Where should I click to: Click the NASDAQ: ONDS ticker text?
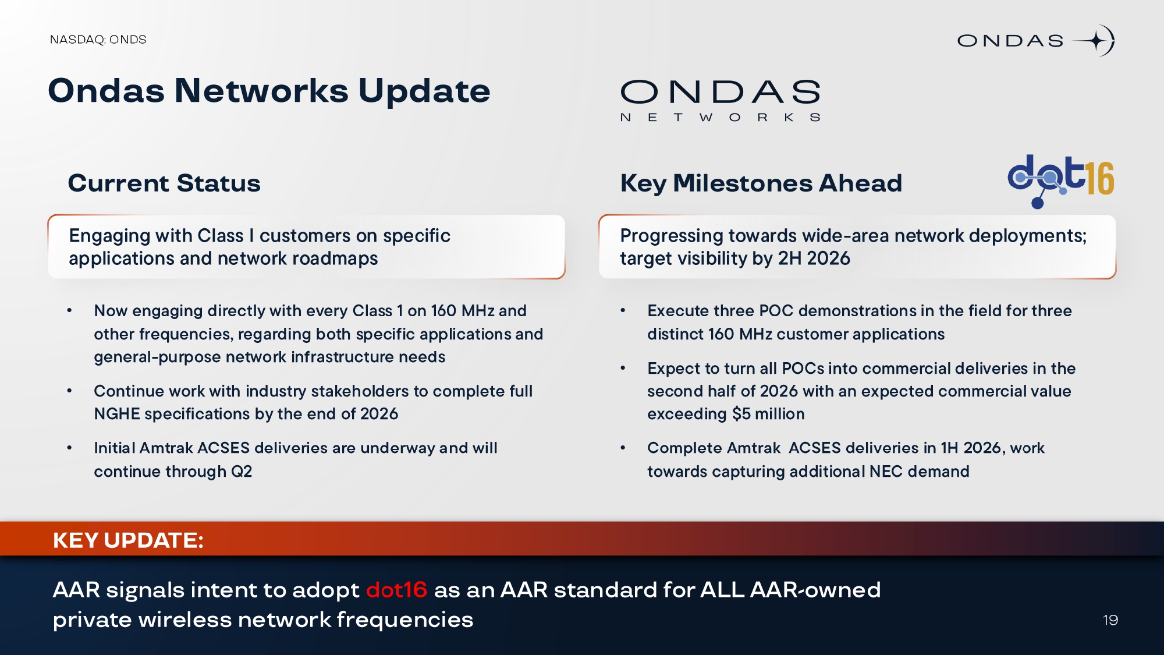[98, 40]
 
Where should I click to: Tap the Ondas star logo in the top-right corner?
[1036, 41]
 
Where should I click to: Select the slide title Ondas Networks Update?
[269, 91]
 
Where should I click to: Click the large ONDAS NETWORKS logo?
[721, 101]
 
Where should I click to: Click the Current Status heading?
[164, 183]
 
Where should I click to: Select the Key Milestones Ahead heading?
[761, 183]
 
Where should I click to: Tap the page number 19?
[1110, 620]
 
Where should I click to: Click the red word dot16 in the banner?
[397, 590]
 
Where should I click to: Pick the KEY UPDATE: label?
[128, 540]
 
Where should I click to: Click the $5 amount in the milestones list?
[741, 414]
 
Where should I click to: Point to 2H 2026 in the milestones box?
[814, 259]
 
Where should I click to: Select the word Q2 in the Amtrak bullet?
[242, 472]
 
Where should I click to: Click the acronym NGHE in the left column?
[117, 414]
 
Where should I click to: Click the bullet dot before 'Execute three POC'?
[623, 311]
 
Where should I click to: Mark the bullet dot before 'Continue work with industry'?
[69, 391]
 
